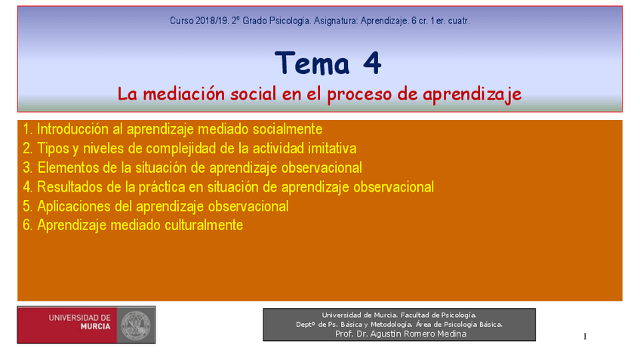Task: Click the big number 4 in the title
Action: (x=372, y=63)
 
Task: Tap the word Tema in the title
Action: (x=312, y=63)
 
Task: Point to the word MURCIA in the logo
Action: (x=96, y=327)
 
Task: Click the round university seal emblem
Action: (x=136, y=325)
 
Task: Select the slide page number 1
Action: (x=585, y=337)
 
